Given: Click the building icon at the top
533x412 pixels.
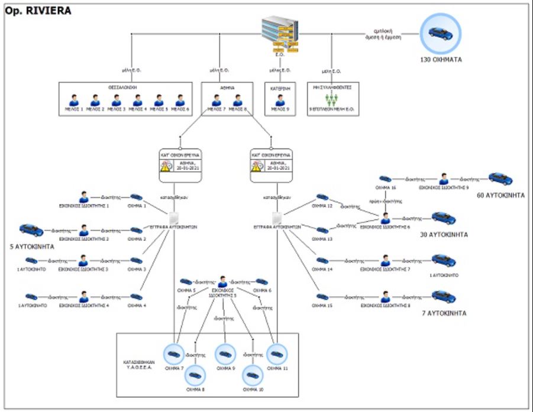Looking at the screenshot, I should [279, 33].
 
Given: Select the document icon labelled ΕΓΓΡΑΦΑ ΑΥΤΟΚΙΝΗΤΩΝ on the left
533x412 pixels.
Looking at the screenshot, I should [174, 218].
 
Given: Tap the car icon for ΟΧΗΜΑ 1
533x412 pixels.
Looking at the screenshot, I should [137, 197].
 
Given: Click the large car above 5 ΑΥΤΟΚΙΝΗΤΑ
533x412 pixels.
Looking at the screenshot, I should [31, 230].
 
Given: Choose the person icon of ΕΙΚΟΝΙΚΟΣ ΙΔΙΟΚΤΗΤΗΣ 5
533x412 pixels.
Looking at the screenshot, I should [222, 282].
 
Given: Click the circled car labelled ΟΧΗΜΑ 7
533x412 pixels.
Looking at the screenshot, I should [175, 354].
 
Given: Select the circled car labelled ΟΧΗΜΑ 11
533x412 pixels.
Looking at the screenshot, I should [276, 354].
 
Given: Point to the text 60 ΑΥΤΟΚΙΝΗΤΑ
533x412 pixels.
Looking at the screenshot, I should [500, 195].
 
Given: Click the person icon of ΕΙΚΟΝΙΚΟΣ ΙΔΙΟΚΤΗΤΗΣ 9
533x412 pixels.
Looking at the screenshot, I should [444, 178].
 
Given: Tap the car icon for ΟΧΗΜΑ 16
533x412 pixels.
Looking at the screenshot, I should [385, 178].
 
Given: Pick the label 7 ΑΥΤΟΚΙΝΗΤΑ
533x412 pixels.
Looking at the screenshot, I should [444, 313].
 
